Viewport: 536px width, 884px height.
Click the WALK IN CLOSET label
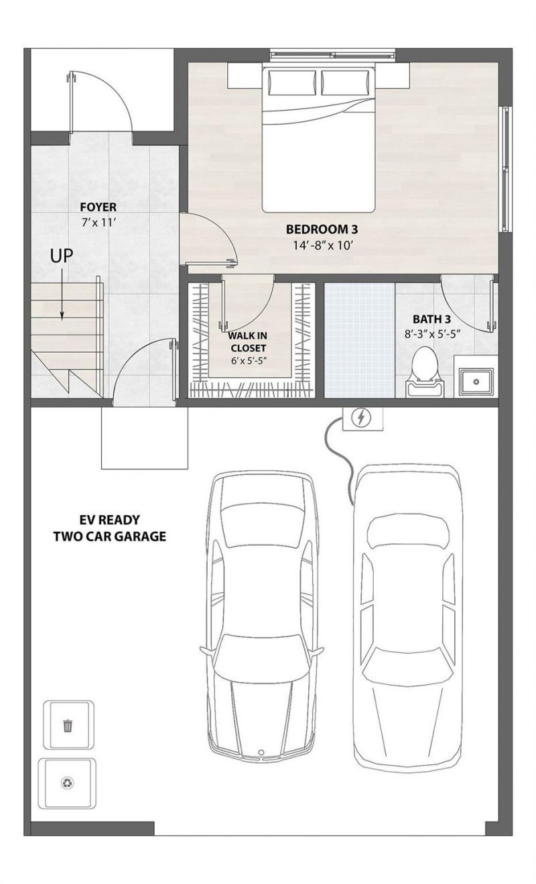pos(247,341)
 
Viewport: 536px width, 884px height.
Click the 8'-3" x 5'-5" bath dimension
pos(432,333)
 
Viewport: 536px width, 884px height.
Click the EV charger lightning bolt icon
pos(362,419)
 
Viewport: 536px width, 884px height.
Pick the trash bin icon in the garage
pos(68,725)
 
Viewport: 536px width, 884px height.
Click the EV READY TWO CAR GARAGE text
pos(110,528)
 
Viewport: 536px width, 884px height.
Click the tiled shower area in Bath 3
pos(360,340)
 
